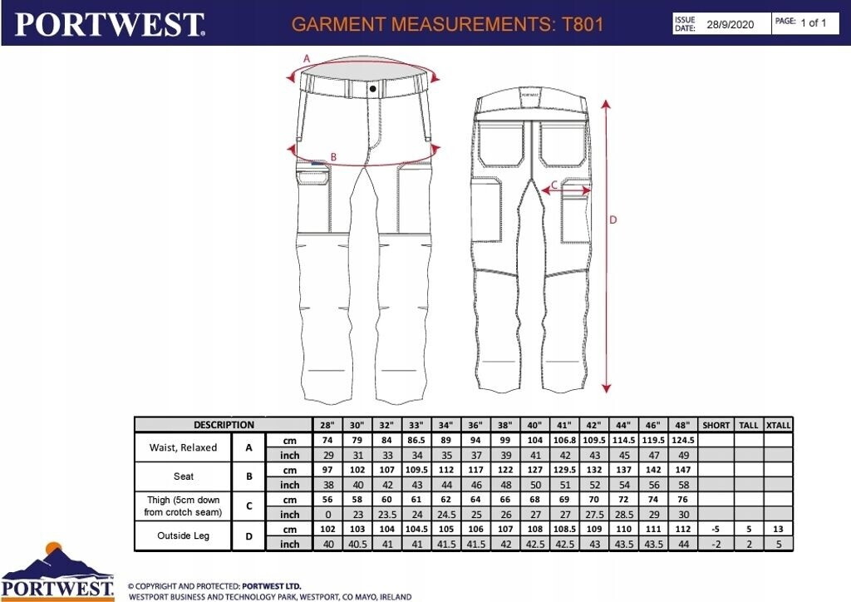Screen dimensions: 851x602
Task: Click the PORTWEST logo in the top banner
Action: click(109, 24)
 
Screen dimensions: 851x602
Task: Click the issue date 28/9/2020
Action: click(730, 24)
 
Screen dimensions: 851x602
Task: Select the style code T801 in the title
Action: click(582, 24)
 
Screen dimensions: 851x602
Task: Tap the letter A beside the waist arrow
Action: click(307, 58)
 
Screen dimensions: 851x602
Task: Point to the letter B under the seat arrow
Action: click(334, 156)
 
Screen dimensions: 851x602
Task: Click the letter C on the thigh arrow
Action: click(554, 185)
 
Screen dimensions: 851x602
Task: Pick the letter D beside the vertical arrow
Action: click(613, 220)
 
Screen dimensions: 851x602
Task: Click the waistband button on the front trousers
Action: click(373, 87)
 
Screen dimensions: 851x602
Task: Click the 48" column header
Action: click(681, 425)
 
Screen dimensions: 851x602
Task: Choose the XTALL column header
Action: click(778, 425)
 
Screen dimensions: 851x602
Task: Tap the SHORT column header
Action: click(716, 425)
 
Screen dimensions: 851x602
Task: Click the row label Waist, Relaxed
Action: click(183, 447)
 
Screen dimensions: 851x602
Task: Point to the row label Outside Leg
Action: click(183, 536)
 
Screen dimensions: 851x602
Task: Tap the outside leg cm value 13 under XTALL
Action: click(778, 529)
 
